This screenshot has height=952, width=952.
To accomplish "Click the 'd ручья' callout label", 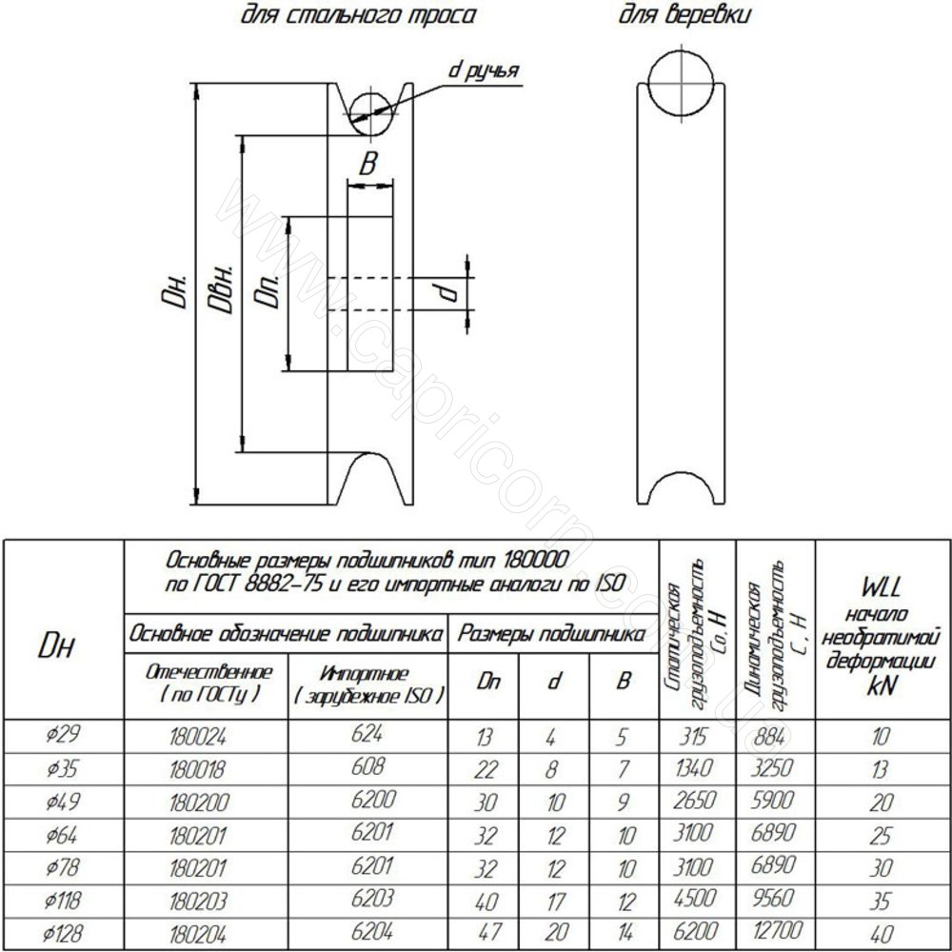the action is tap(484, 70).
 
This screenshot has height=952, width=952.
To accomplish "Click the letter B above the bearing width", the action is tap(367, 164).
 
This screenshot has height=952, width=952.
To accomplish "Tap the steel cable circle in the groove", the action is tap(371, 113).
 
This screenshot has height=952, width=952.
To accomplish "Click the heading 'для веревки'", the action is tap(684, 15).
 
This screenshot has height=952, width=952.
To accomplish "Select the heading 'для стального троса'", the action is tap(358, 15).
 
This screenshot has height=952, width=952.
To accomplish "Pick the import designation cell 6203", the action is tap(373, 898).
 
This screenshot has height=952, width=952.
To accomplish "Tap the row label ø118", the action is tap(62, 901).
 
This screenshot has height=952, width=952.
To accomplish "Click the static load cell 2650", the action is tap(693, 801).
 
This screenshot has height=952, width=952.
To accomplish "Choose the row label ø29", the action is tap(63, 736).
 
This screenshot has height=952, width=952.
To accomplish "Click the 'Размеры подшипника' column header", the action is tap(551, 634).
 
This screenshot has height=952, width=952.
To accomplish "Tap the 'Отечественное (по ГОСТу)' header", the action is tap(208, 683).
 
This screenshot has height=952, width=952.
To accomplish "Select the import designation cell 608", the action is tap(367, 766).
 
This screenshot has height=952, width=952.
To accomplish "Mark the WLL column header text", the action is tap(881, 637).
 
